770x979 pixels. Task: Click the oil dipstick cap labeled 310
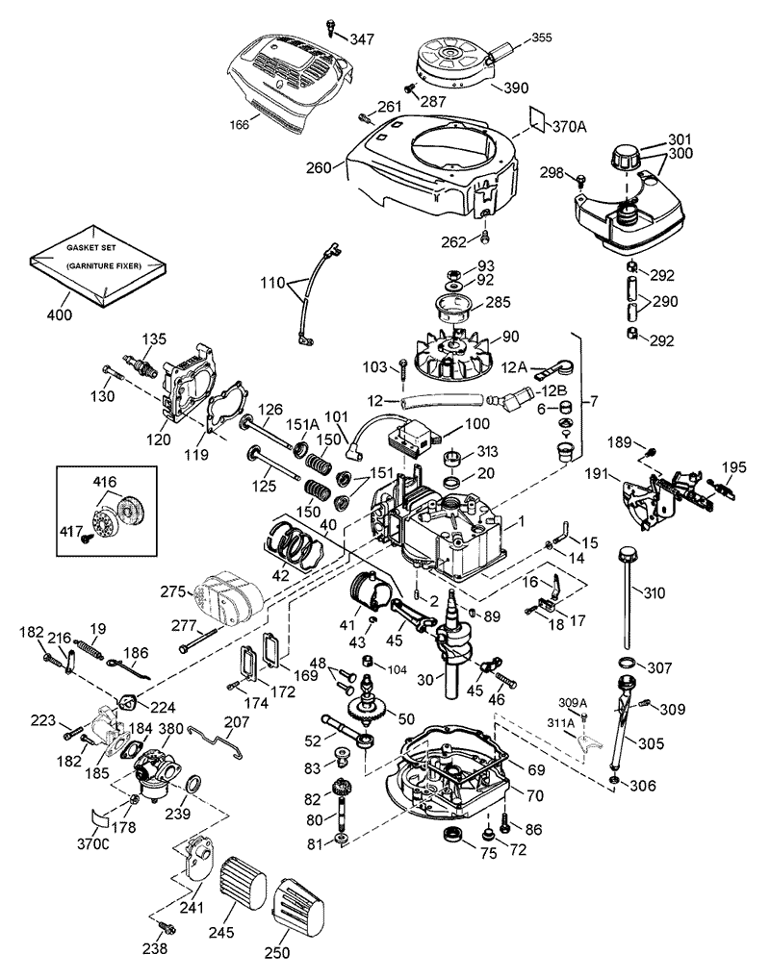click(x=629, y=555)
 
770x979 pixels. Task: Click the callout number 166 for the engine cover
click(x=239, y=125)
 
